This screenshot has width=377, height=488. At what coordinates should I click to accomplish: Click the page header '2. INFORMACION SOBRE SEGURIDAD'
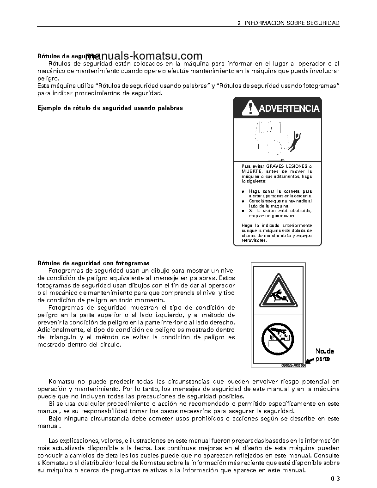click(x=288, y=22)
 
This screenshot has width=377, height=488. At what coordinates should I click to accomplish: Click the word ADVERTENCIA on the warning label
click(x=289, y=109)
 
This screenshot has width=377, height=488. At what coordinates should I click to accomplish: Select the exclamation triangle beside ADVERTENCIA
click(x=249, y=109)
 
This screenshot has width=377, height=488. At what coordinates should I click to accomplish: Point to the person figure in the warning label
click(x=294, y=140)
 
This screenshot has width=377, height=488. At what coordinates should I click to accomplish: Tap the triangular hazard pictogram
click(x=278, y=291)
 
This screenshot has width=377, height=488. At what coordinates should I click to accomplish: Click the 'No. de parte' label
click(x=325, y=355)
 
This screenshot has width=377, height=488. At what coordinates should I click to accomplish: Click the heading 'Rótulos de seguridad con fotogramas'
click(x=93, y=263)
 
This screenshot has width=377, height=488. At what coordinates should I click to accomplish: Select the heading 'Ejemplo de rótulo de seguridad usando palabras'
click(x=110, y=108)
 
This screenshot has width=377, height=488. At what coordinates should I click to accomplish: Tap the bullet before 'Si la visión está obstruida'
click(x=243, y=211)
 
